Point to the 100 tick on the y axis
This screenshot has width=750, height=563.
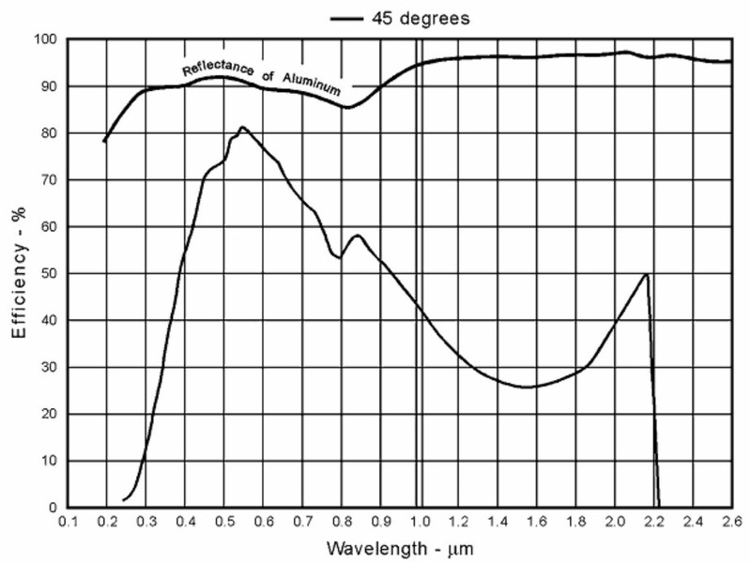tap(47, 39)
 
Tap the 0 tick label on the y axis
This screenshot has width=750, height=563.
tap(54, 508)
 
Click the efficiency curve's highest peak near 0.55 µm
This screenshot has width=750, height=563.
tap(242, 127)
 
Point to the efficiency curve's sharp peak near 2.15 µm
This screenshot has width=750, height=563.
tap(647, 274)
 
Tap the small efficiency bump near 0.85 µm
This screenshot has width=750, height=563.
tap(358, 235)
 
